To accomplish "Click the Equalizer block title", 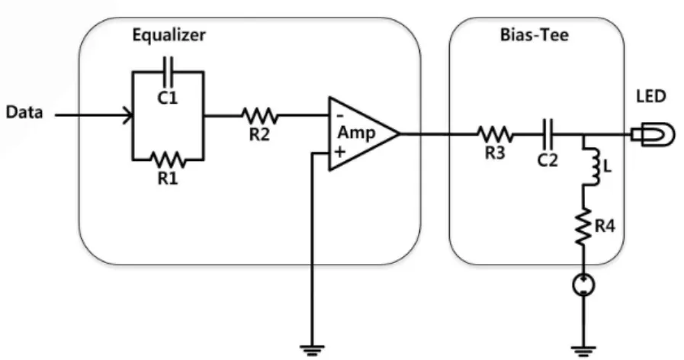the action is [169, 35].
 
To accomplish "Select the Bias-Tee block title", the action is [535, 34].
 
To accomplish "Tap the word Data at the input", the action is [24, 113].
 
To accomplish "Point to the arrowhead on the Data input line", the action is [129, 116].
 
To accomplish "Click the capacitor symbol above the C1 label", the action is [168, 72].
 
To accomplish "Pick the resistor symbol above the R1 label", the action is [168, 159].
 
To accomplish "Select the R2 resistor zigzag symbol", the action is [259, 116].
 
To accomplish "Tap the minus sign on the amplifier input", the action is [341, 117].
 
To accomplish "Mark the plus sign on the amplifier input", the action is [340, 152].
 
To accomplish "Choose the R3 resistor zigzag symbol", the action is [495, 134].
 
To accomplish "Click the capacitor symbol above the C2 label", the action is [548, 134].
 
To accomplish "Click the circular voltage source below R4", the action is [583, 285].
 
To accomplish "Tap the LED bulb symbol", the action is [653, 134].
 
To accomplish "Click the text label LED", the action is [651, 96].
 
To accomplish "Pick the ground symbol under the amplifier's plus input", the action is [312, 350].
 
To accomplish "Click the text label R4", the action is [605, 226].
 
